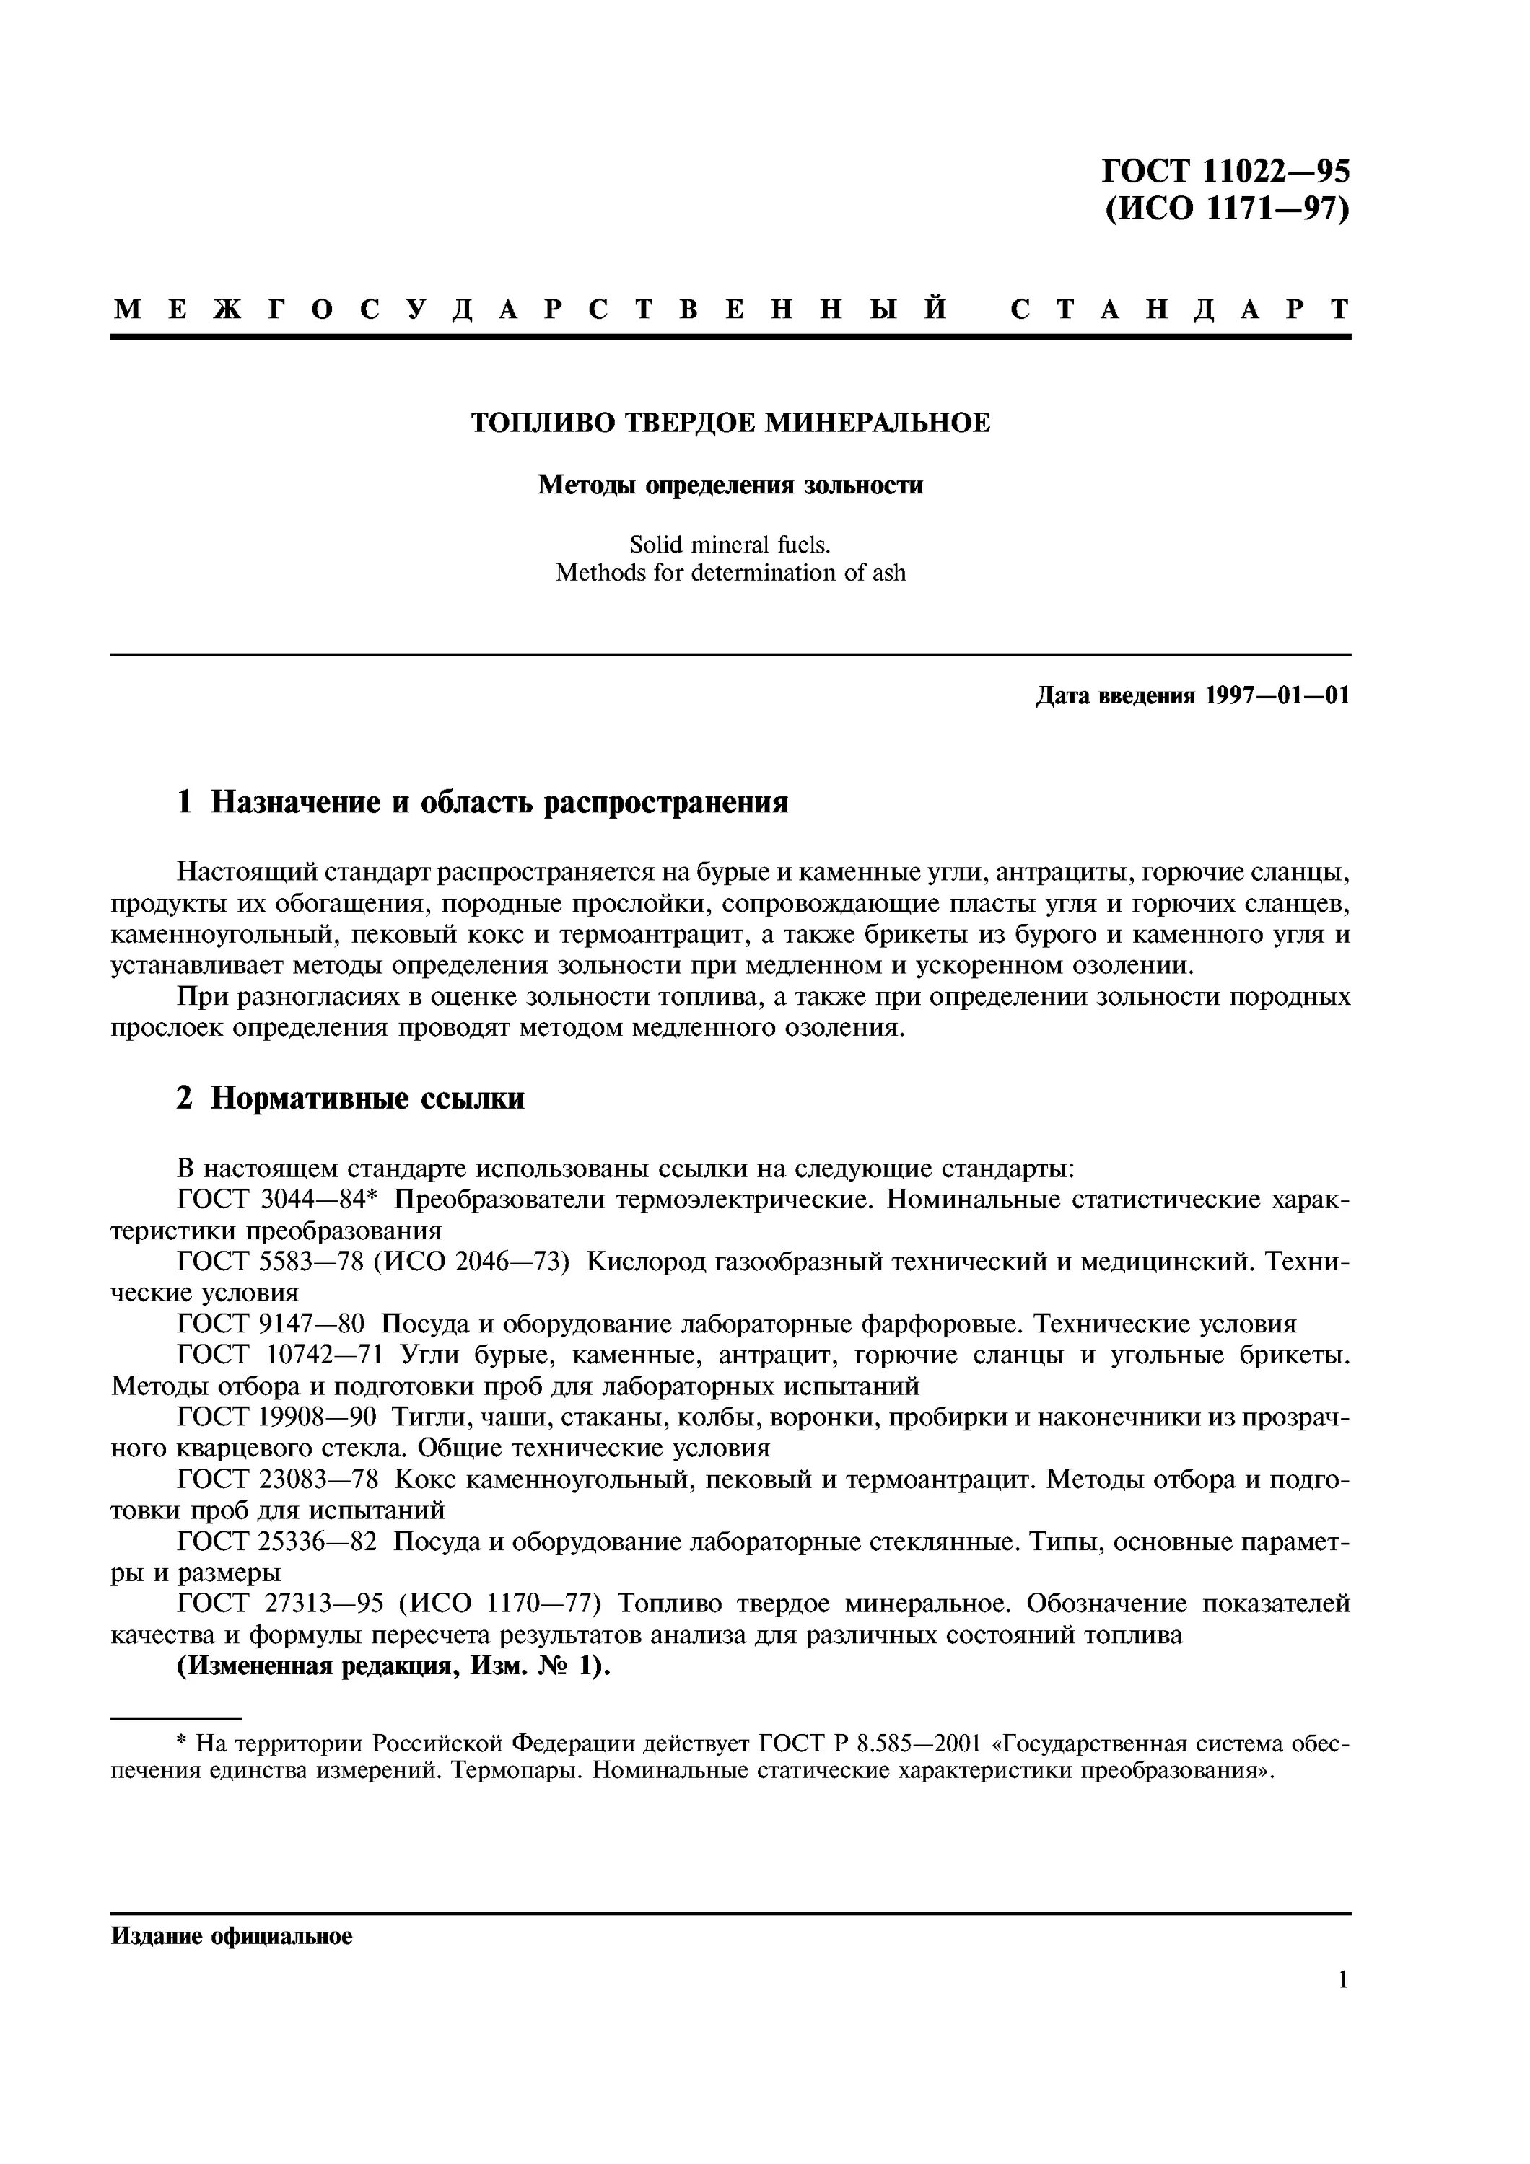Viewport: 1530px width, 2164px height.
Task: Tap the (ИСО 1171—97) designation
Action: coord(1225,208)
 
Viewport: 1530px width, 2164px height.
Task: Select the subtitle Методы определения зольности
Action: coord(730,485)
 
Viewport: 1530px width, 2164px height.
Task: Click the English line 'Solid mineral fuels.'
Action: coord(730,545)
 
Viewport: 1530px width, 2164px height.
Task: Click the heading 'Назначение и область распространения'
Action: coord(499,802)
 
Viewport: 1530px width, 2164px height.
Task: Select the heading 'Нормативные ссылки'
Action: coord(367,1098)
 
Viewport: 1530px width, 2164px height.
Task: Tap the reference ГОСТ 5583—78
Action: coord(270,1262)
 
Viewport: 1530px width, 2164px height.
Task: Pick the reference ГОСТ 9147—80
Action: coord(270,1324)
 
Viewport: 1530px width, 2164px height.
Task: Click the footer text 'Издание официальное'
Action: coord(232,1936)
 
